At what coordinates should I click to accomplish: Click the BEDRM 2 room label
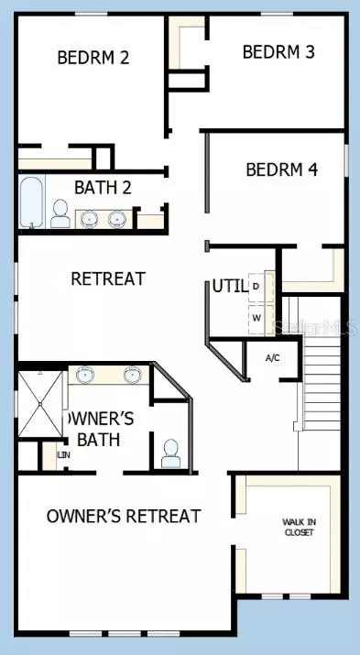click(93, 57)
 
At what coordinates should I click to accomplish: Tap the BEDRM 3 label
click(278, 52)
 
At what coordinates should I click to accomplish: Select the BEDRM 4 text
click(281, 169)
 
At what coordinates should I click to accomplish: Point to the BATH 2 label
click(104, 189)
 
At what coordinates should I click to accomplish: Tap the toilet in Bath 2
click(60, 213)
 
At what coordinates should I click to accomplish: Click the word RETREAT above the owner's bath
click(107, 278)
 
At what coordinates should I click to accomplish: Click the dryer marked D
click(256, 287)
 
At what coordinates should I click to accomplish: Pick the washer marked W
click(256, 319)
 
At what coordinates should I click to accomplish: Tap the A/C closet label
click(272, 357)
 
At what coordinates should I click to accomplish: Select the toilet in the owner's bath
click(169, 452)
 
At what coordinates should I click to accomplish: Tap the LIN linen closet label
click(63, 454)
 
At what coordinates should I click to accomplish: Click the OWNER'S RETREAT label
click(124, 517)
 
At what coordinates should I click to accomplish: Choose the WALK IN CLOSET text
click(298, 527)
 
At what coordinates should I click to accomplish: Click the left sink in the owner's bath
click(84, 374)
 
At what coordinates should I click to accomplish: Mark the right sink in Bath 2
click(117, 219)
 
